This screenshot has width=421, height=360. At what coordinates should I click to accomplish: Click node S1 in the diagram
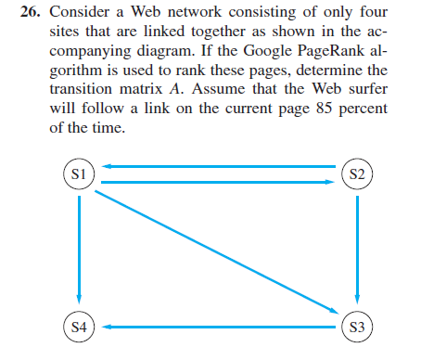click(x=79, y=174)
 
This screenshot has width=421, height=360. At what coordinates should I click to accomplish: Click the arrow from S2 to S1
click(x=218, y=166)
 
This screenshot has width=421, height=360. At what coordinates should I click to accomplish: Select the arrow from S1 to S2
click(x=218, y=182)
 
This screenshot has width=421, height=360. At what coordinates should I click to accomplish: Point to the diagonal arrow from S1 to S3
click(x=218, y=251)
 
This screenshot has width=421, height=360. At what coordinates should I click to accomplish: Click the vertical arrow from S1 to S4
click(x=80, y=251)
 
